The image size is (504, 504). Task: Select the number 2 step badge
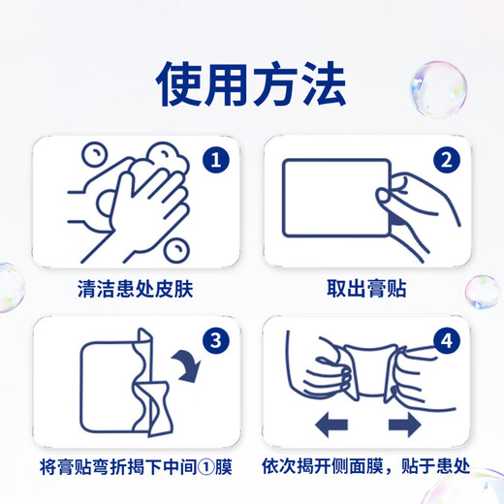(x=444, y=160)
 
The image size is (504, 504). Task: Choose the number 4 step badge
(x=444, y=340)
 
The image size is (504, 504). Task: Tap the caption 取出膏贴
(x=364, y=288)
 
